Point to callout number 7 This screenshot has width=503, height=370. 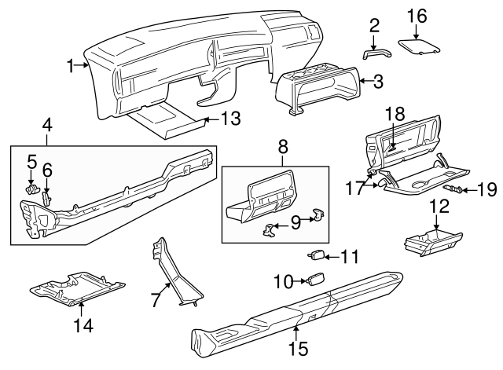pyautogui.click(x=156, y=299)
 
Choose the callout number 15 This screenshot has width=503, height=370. pyautogui.click(x=297, y=346)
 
